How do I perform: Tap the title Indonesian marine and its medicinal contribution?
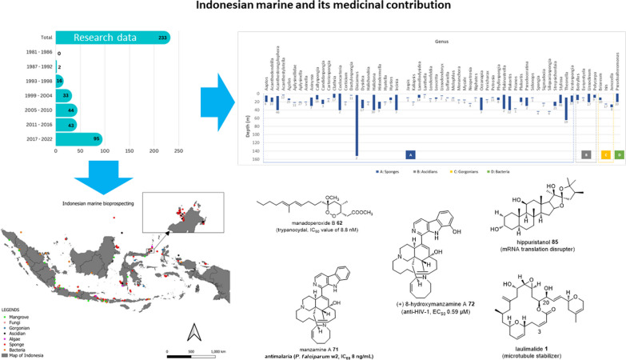312,7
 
